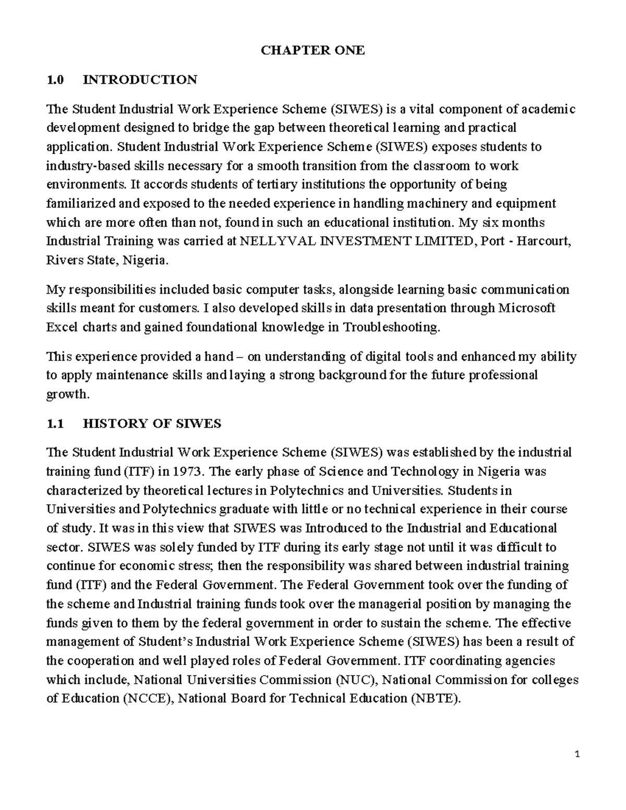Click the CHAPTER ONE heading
point(312,51)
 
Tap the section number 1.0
point(54,80)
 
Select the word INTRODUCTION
point(140,80)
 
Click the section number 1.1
point(54,424)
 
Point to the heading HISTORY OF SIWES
point(152,424)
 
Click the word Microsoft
point(527,308)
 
